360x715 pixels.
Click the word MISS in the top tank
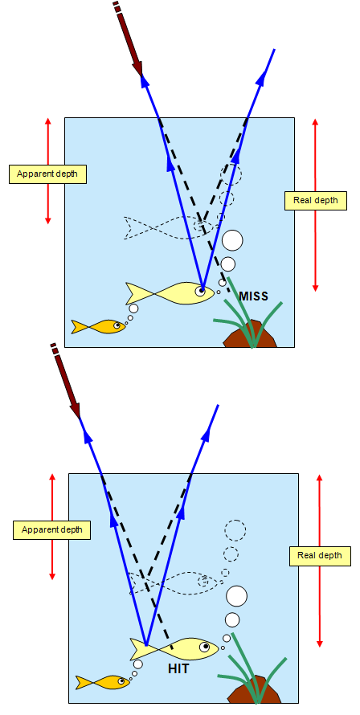click(x=253, y=296)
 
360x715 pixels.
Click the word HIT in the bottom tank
click(x=178, y=669)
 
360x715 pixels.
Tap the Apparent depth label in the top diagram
click(x=47, y=174)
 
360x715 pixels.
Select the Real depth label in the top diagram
click(x=315, y=200)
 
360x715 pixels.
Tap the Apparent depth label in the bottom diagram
click(x=51, y=530)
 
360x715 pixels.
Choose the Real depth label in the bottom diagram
click(x=320, y=556)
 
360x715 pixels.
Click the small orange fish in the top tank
click(x=99, y=326)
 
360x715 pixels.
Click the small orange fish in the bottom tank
click(x=103, y=682)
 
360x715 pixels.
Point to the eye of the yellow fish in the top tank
click(x=200, y=291)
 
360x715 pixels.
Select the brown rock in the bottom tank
click(x=254, y=689)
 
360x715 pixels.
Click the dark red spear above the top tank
click(x=129, y=39)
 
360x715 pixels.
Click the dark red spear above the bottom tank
click(x=66, y=380)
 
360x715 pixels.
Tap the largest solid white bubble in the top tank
click(x=232, y=240)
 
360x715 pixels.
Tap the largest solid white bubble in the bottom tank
click(x=236, y=596)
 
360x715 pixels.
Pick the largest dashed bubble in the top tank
click(x=231, y=174)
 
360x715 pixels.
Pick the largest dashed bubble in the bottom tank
click(x=235, y=530)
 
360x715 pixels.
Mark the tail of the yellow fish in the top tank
click(x=136, y=293)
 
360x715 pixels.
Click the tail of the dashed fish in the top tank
click(x=134, y=227)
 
